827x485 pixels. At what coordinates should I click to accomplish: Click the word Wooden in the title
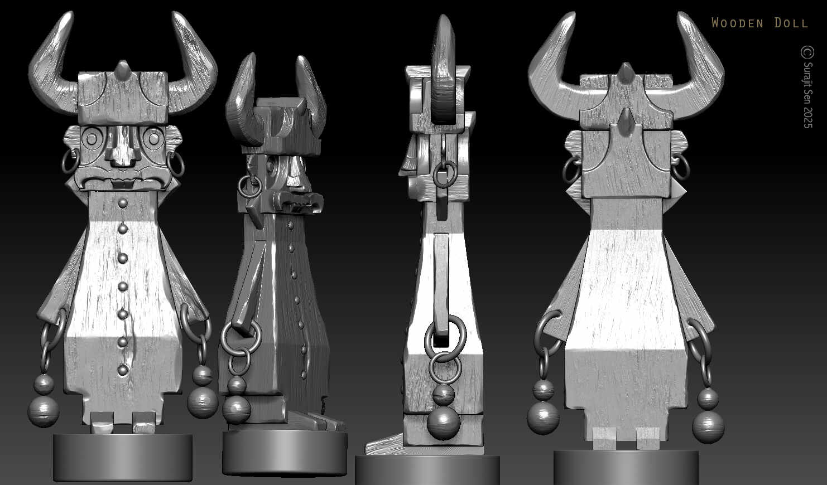(737, 23)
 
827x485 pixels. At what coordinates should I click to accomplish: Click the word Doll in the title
(791, 23)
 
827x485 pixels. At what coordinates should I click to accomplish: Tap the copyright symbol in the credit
(807, 52)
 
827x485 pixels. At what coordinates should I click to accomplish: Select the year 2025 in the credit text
(807, 118)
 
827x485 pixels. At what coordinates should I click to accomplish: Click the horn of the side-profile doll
(445, 72)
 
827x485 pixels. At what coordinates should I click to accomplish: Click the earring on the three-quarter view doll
(247, 186)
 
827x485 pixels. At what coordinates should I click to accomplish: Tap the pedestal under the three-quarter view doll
(285, 453)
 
